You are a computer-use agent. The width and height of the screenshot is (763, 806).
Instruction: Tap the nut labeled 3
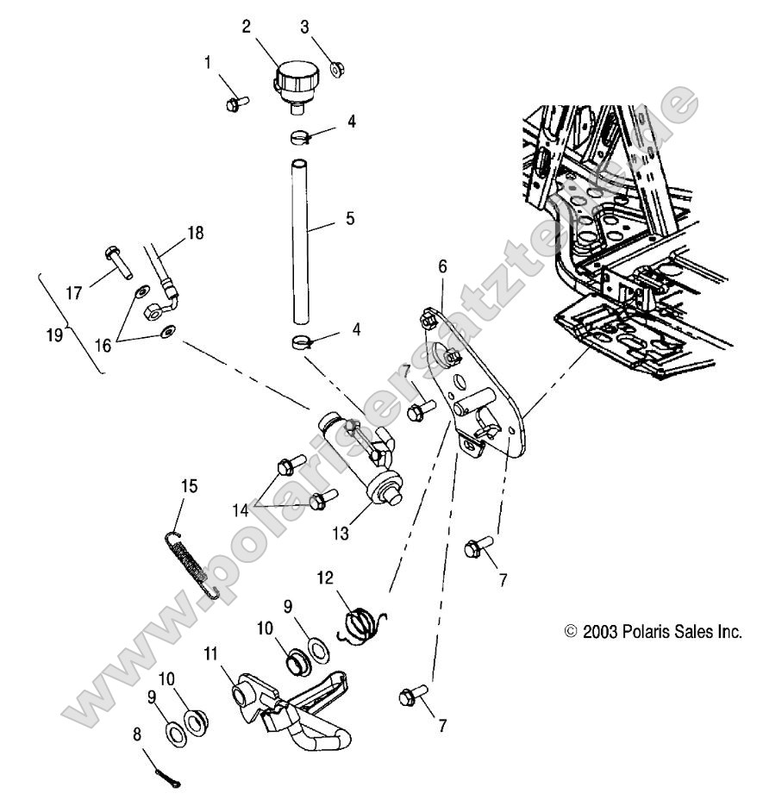337,67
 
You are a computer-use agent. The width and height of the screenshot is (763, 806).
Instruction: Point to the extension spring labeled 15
192,565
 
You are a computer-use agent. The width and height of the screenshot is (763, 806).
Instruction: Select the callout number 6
442,266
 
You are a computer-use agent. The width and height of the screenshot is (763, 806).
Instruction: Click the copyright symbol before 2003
570,632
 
